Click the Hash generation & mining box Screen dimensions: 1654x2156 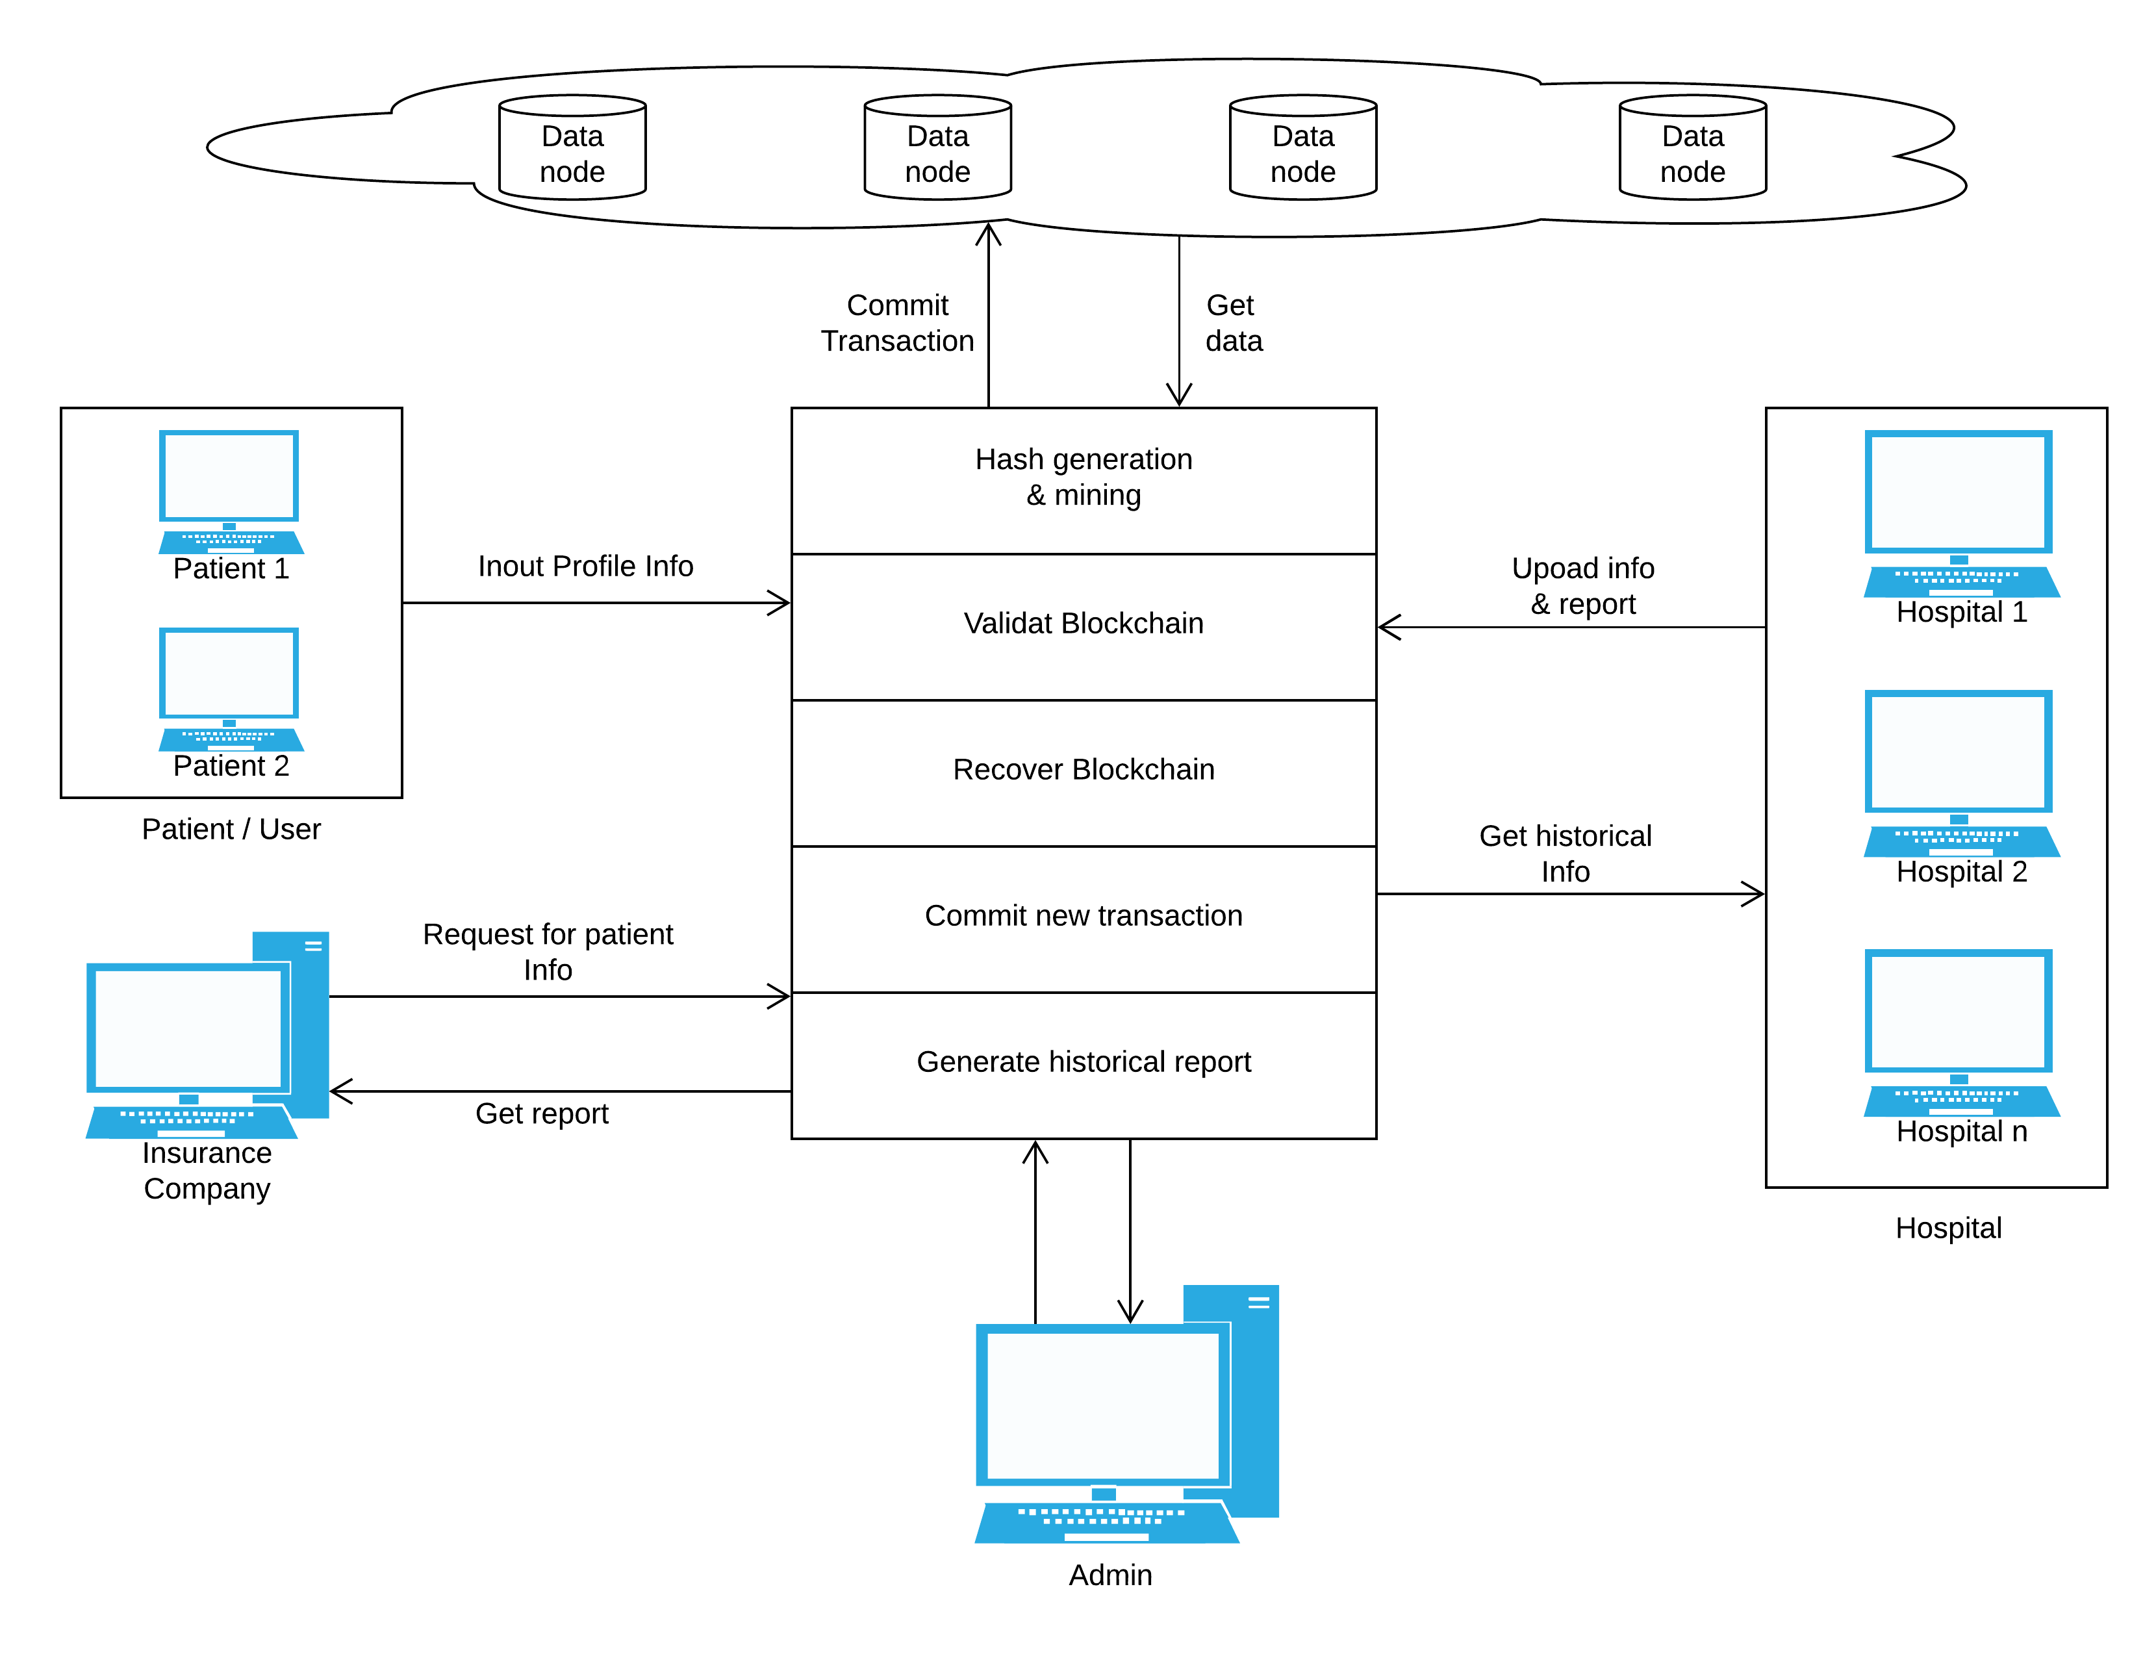(x=1083, y=481)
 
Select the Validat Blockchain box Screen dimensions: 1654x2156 (x=1083, y=626)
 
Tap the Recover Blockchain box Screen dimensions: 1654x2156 (x=1083, y=772)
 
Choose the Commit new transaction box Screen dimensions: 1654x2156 (x=1083, y=917)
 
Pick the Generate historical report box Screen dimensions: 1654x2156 (x=1083, y=1063)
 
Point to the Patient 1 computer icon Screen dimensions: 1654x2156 (x=229, y=489)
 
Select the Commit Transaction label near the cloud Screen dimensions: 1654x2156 (x=897, y=323)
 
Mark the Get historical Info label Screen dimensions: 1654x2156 (x=1564, y=854)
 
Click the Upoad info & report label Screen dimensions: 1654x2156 (x=1582, y=586)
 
